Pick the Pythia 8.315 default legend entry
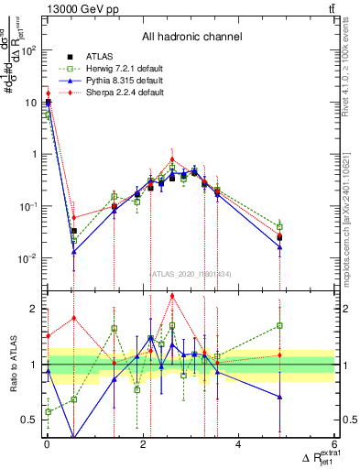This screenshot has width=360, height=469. point(117,81)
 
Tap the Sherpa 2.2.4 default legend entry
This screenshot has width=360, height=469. point(117,93)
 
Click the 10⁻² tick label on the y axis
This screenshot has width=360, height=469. point(29,258)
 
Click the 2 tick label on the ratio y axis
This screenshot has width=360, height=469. point(35,309)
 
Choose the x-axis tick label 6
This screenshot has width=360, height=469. point(335,446)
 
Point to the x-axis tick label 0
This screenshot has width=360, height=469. point(47,446)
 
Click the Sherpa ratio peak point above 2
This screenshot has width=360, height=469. point(172,296)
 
